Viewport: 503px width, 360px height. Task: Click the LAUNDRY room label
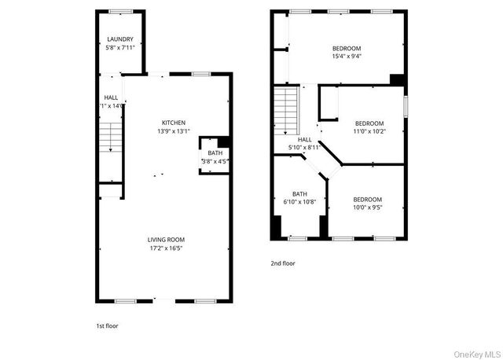[x=120, y=39]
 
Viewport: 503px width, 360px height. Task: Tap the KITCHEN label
[x=174, y=123]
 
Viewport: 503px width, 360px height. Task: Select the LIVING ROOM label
[x=167, y=240]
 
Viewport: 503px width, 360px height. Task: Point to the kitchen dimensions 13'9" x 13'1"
[x=174, y=131]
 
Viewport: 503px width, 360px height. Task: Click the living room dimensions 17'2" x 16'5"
[x=167, y=248]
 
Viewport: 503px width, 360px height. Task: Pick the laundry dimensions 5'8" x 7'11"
[x=120, y=48]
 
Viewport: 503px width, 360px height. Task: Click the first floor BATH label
[x=215, y=152]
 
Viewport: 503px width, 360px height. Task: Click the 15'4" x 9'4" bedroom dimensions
[x=347, y=56]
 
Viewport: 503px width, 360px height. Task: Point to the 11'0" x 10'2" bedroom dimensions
[x=369, y=132]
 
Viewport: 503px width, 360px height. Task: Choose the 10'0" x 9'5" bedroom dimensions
[x=367, y=208]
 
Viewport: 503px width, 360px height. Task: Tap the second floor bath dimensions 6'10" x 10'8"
[x=299, y=202]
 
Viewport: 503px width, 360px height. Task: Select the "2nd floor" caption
[x=284, y=264]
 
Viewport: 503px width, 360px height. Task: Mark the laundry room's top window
[x=120, y=11]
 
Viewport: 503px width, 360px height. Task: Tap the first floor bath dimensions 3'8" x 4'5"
[x=215, y=161]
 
